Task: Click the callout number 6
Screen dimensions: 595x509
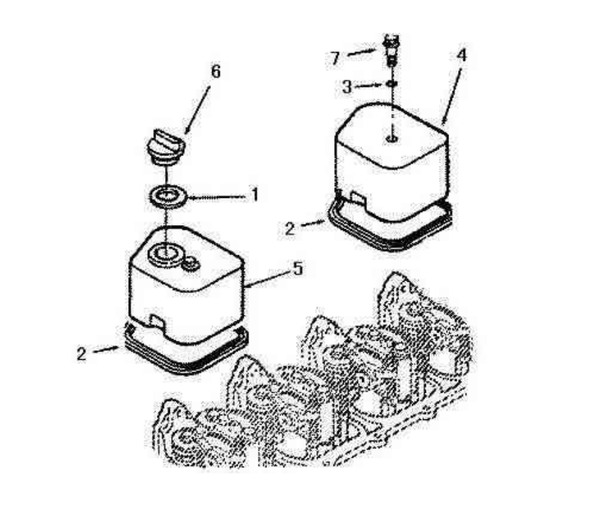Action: point(216,71)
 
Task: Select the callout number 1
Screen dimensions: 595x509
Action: point(255,194)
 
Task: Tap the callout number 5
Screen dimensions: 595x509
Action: point(299,269)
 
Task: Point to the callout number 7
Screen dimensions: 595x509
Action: point(335,58)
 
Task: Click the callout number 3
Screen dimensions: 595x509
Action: point(347,87)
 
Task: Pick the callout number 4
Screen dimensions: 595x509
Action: point(461,55)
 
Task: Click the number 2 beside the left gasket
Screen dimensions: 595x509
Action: point(81,354)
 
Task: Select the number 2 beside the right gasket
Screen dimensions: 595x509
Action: point(290,229)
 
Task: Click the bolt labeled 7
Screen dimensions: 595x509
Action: point(392,50)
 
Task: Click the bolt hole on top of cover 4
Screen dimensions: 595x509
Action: point(392,139)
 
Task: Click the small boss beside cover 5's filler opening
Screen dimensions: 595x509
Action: point(190,264)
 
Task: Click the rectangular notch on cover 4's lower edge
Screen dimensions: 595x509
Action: point(358,197)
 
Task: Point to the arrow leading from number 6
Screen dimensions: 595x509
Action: point(197,111)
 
